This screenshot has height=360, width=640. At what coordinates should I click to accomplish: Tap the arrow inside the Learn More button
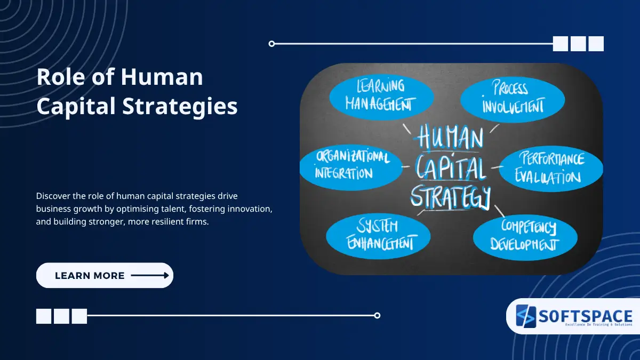(150, 276)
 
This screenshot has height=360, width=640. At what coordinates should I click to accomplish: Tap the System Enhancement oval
(378, 235)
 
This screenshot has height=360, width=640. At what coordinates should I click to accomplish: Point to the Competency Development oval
(525, 236)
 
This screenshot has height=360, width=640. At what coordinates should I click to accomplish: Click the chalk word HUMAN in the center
(451, 138)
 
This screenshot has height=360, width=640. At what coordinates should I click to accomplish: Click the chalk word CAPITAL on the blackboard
(451, 169)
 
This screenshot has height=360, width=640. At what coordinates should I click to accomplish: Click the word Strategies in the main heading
(180, 106)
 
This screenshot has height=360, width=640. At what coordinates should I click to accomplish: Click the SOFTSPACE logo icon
(525, 316)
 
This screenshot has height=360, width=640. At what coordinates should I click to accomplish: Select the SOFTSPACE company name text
(585, 315)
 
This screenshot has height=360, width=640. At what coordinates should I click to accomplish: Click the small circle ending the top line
(272, 44)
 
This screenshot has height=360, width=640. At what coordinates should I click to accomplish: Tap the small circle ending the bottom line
(377, 315)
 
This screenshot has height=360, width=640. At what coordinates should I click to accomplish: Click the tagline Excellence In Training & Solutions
(585, 324)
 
